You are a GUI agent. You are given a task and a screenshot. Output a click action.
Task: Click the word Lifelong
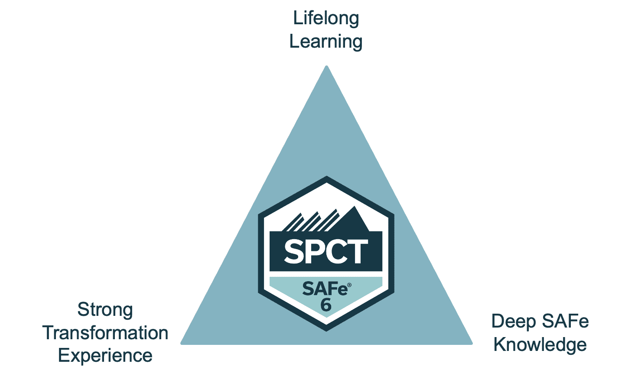tap(326, 19)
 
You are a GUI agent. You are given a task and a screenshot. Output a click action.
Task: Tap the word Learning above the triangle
tap(326, 42)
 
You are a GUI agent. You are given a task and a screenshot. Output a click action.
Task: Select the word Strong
tap(105, 310)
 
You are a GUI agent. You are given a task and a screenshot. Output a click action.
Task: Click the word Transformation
tap(105, 333)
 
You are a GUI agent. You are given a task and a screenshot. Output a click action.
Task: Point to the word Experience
tap(105, 356)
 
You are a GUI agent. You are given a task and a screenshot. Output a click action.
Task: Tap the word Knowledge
tap(540, 345)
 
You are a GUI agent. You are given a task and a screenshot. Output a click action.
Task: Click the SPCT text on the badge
tap(326, 252)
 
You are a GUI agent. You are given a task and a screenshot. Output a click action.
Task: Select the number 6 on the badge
tap(326, 305)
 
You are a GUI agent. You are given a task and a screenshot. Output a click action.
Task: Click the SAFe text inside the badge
tap(324, 289)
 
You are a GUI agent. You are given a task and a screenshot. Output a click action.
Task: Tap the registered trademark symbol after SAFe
tap(349, 285)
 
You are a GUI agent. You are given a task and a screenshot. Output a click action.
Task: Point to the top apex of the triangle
tap(326, 67)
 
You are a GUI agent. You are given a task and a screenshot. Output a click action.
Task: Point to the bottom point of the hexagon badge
tap(326, 330)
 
